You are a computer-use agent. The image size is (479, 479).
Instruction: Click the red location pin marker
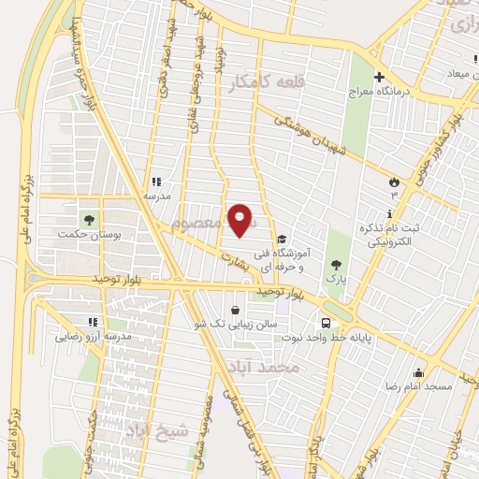click(x=240, y=219)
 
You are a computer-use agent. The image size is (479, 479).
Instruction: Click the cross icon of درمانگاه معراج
click(x=379, y=77)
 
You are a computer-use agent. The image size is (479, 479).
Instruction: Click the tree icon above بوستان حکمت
click(x=89, y=219)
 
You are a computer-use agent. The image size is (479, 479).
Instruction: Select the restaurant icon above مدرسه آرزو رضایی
click(x=93, y=321)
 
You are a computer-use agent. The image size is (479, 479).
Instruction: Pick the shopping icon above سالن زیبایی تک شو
click(x=233, y=309)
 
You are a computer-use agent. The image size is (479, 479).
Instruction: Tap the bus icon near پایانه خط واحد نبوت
click(x=327, y=315)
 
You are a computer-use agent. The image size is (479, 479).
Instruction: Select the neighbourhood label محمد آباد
click(x=292, y=368)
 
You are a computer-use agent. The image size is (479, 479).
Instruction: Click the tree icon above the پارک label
click(x=335, y=265)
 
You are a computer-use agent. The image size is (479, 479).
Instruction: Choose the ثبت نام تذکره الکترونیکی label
click(x=387, y=235)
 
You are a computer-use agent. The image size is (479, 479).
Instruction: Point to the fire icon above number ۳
click(x=394, y=181)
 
